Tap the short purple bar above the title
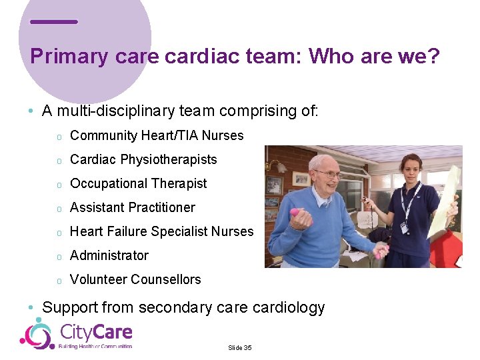54,22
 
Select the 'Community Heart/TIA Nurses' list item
157,136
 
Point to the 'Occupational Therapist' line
138,184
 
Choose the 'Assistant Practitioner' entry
132,208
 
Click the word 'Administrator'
109,256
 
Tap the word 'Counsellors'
166,280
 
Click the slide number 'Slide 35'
239,348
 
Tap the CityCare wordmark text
96,331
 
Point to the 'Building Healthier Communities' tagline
95,347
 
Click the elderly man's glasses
328,174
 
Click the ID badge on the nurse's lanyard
403,228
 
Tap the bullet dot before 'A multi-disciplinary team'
31,111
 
